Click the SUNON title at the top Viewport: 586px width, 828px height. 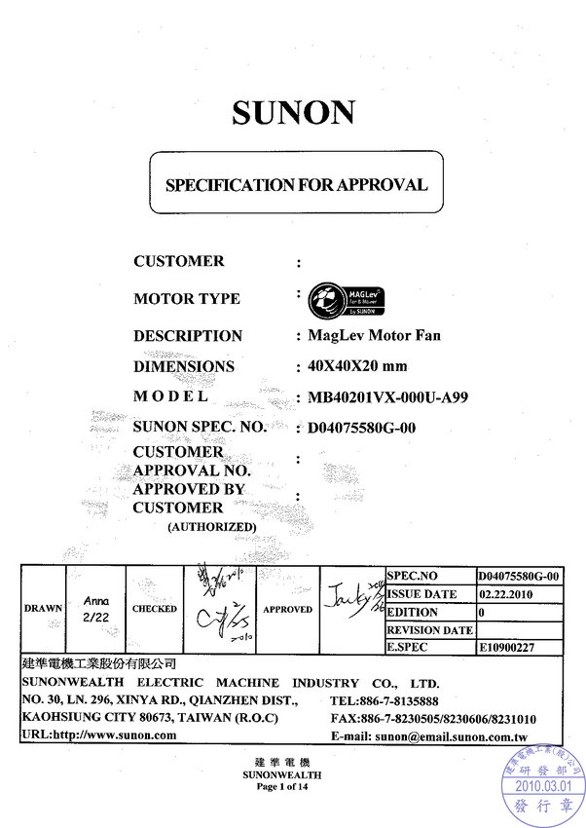coord(292,113)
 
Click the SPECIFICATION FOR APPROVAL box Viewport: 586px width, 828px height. coord(295,184)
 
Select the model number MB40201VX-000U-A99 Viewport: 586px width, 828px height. coord(388,397)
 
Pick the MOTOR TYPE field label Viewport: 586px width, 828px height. coord(187,299)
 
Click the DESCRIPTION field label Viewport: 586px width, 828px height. coord(188,336)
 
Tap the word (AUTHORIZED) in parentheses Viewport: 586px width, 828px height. coord(211,527)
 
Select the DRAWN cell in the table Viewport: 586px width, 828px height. coord(44,608)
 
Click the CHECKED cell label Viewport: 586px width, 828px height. coord(155,609)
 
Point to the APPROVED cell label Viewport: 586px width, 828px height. coord(288,609)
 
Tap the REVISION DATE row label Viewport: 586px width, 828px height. coord(429,629)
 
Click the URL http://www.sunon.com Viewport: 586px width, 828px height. coord(99,735)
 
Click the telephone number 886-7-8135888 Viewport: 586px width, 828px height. coord(397,701)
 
